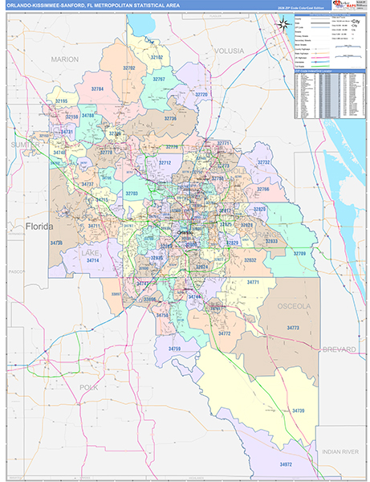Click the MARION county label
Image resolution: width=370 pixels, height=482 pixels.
64,59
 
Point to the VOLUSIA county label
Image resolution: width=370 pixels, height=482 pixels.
229,51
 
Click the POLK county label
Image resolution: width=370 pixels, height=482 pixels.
89,386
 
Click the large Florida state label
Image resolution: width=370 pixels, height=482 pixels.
39,227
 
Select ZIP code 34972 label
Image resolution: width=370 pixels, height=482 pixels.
287,464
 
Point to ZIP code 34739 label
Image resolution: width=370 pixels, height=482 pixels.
299,411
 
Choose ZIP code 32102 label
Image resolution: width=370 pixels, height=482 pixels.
157,58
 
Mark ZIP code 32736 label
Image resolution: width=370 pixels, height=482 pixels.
169,118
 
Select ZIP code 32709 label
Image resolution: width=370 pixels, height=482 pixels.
299,253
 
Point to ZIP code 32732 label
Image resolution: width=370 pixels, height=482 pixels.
264,162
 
